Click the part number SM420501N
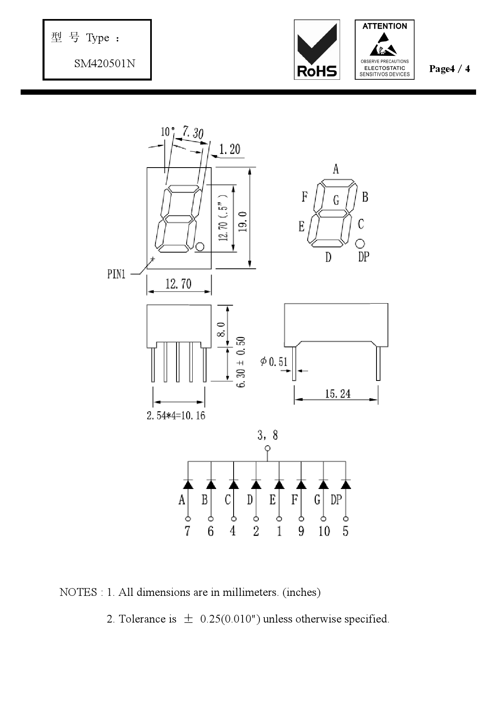pos(104,64)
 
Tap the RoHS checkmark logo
pos(317,49)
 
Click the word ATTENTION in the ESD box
pos(385,26)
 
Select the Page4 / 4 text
pos(449,69)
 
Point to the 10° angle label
pos(167,132)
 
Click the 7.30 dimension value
pos(193,132)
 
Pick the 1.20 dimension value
pos(230,149)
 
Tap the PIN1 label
pos(116,274)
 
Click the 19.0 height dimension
pos(243,221)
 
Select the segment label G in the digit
pos(336,200)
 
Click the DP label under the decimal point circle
pos(364,257)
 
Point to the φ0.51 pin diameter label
pos(274,361)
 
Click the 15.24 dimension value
pos(338,394)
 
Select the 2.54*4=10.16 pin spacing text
pos(176,416)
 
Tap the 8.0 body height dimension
pos(221,329)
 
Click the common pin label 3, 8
pos(268,435)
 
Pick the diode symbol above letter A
pos(187,484)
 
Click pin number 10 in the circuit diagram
pos(324,531)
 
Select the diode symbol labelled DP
pos(346,484)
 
